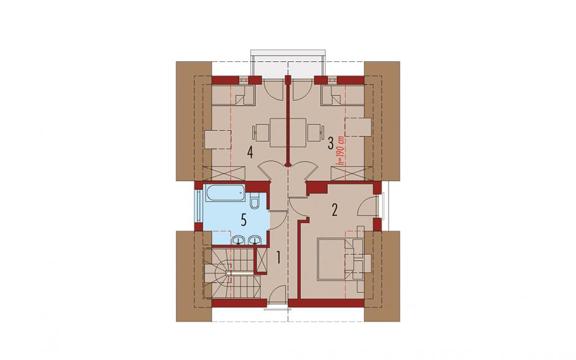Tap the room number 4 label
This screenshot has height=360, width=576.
coord(250,152)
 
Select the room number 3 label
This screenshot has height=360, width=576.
coord(331,143)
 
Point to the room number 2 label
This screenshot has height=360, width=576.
coord(335,210)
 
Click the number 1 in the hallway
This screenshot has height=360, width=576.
coord(278,258)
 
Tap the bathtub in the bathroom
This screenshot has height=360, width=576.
coord(225,193)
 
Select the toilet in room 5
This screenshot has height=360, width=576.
coord(254,202)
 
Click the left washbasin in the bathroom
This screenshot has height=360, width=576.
coord(240,240)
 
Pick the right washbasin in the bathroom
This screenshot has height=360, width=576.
coord(254,240)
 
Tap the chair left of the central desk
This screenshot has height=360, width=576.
coord(262,132)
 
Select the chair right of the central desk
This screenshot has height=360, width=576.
coord(316,132)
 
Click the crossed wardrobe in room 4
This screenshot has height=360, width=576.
coord(224,173)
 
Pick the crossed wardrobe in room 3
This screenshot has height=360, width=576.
coord(352,173)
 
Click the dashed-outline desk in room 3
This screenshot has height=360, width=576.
coord(359,127)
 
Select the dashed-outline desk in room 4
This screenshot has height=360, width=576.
coord(218,140)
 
